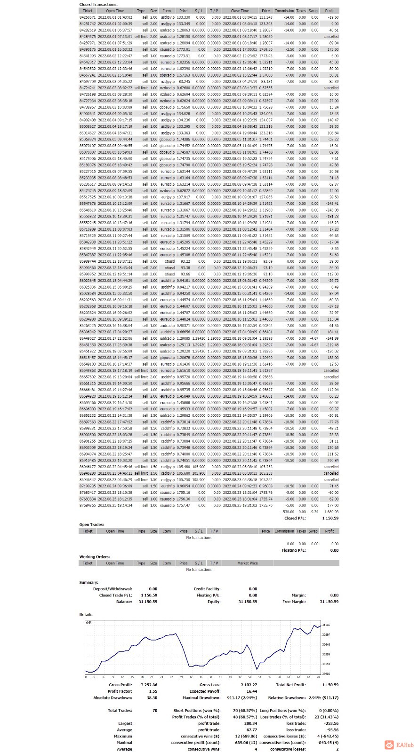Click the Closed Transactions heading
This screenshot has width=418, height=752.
[x=98, y=4]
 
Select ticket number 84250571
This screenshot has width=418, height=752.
[x=88, y=17]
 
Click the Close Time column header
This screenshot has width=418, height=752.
[x=240, y=11]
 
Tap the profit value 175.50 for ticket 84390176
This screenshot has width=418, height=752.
[x=333, y=49]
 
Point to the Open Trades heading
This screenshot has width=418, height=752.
[x=91, y=525]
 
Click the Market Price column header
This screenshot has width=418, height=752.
[x=247, y=563]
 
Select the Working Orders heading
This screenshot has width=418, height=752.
[x=94, y=556]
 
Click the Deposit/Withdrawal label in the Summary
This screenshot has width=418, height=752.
[x=113, y=589]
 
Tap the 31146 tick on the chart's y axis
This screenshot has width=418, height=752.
[x=326, y=625]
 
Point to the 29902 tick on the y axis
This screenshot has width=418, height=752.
[x=326, y=674]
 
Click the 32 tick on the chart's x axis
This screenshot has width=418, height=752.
[x=191, y=677]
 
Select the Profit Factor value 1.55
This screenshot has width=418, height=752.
[x=153, y=691]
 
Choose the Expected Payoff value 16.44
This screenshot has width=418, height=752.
[x=252, y=691]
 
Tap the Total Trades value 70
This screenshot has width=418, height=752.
[x=155, y=711]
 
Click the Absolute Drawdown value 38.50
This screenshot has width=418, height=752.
[x=152, y=698]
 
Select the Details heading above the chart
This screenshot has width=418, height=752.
[x=86, y=614]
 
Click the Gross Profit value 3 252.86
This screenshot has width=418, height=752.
[x=149, y=685]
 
